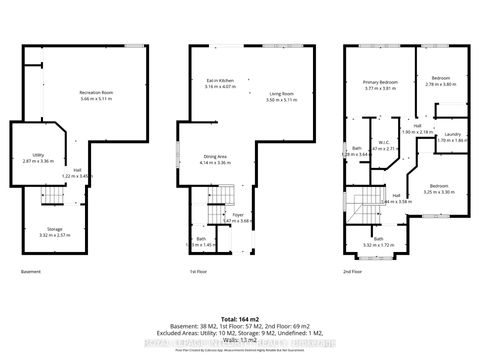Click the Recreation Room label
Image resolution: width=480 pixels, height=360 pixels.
[97, 93]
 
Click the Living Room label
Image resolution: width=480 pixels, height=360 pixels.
[284, 93]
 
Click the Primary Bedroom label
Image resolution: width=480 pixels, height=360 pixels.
[380, 83]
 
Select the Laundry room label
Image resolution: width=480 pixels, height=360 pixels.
[451, 135]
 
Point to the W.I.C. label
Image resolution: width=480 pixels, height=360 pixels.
[383, 143]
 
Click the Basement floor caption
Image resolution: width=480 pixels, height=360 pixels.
[31, 272]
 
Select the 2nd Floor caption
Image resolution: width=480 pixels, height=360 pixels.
[354, 272]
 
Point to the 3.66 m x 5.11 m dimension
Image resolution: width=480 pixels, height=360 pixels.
[97, 99]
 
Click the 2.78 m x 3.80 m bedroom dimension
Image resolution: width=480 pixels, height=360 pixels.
[440, 84]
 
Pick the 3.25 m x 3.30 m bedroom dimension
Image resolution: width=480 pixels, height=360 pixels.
[440, 191]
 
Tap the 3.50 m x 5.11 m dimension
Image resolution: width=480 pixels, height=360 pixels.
[284, 99]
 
